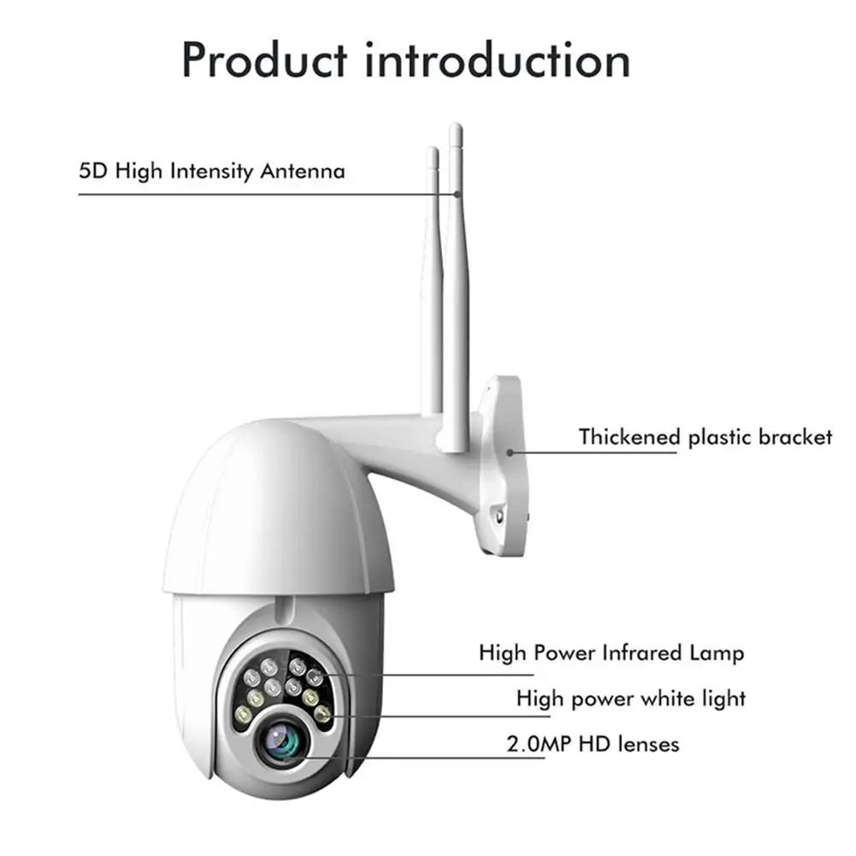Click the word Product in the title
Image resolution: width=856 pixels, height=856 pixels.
(265, 59)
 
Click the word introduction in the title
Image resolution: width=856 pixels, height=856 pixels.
(497, 59)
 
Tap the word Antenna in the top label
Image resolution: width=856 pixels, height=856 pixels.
(303, 171)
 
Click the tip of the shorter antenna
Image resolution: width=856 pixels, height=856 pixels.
(433, 152)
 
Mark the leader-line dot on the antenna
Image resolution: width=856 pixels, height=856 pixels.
(458, 194)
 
